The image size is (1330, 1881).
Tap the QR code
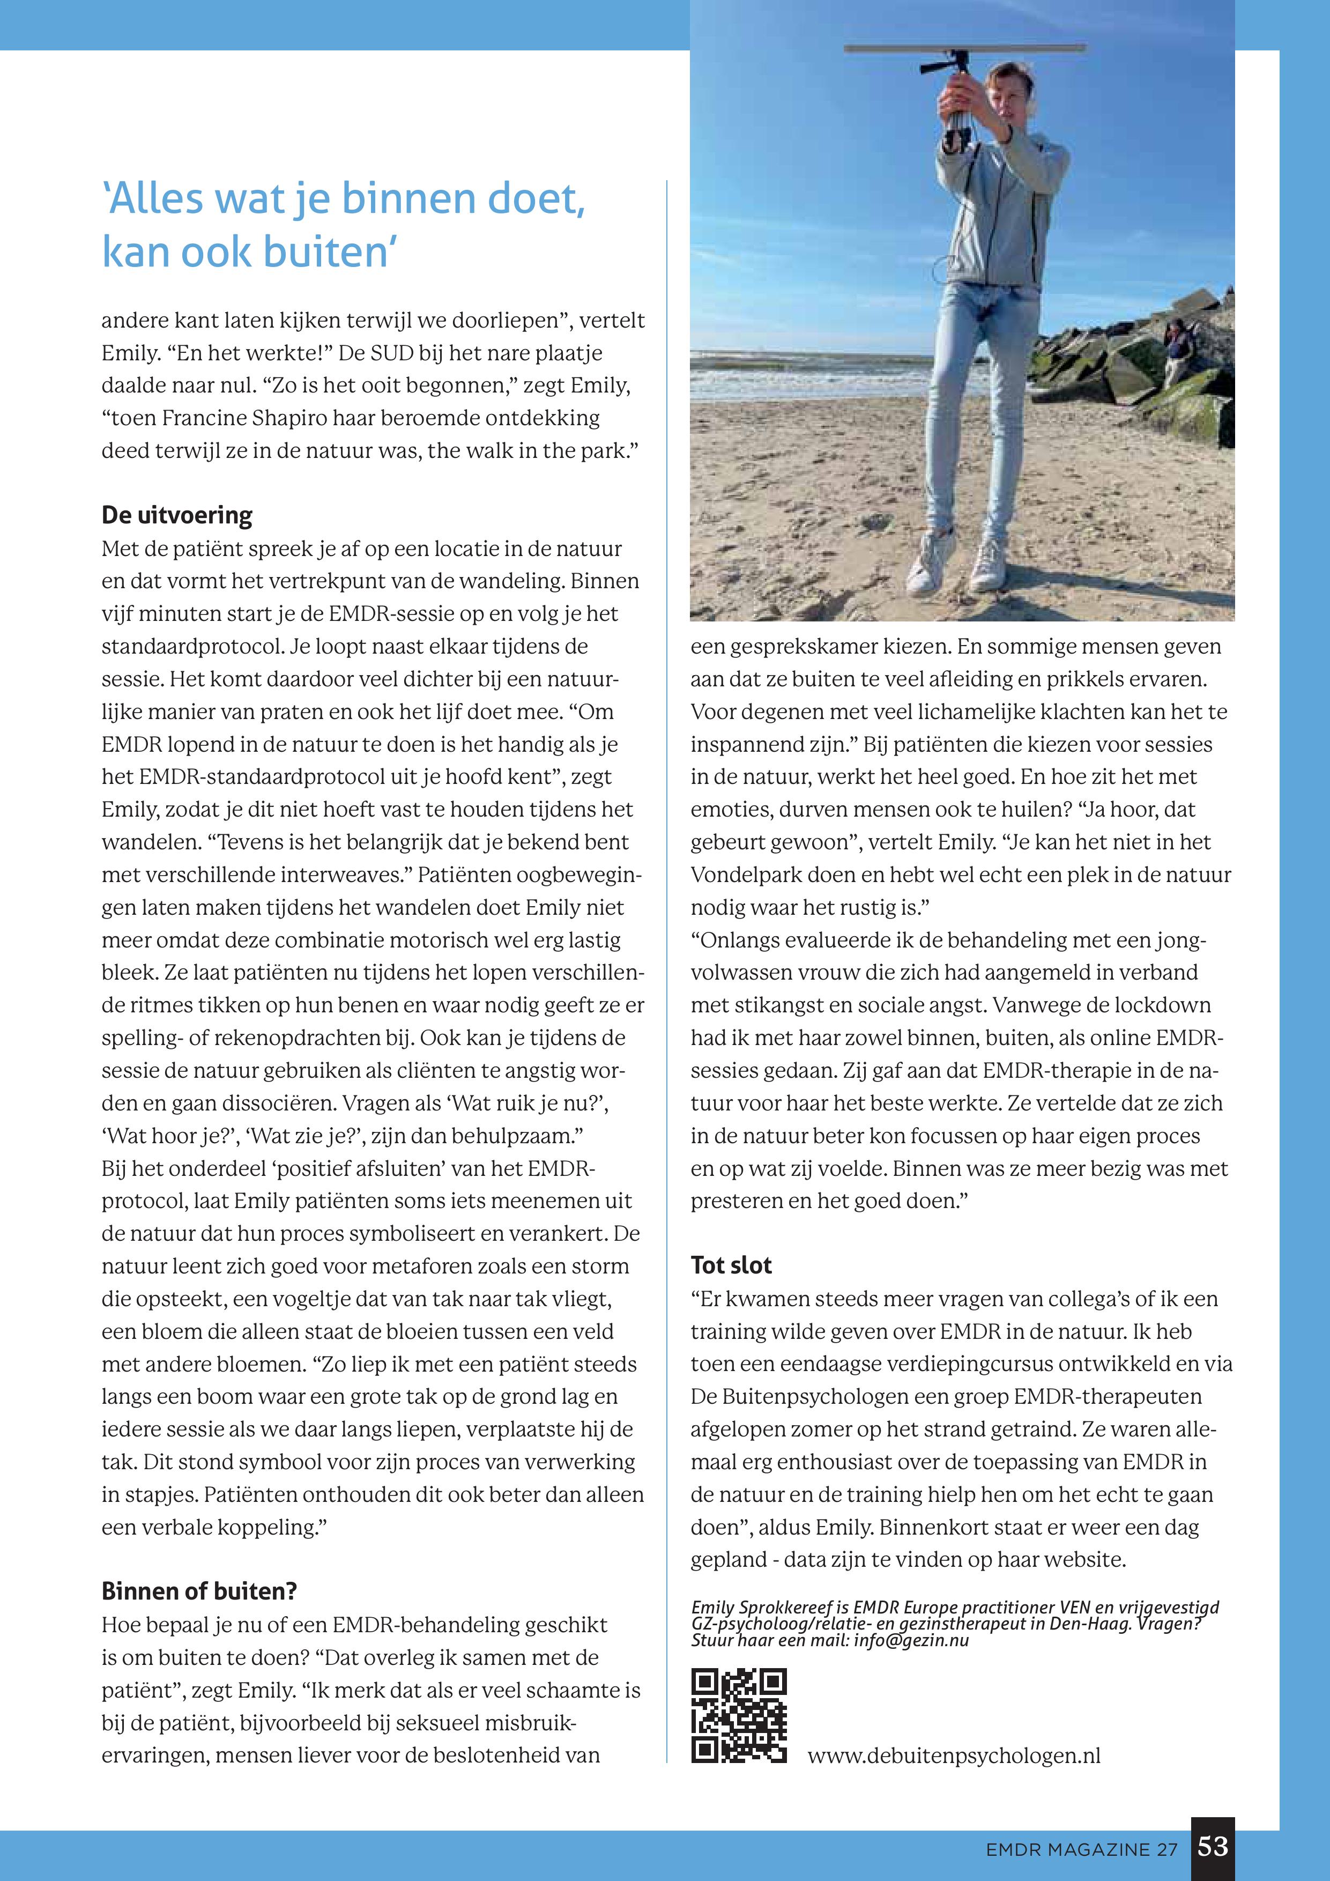pyautogui.click(x=739, y=1715)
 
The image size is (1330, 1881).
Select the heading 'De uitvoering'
pyautogui.click(x=177, y=515)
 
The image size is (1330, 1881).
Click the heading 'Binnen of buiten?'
pyautogui.click(x=199, y=1590)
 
